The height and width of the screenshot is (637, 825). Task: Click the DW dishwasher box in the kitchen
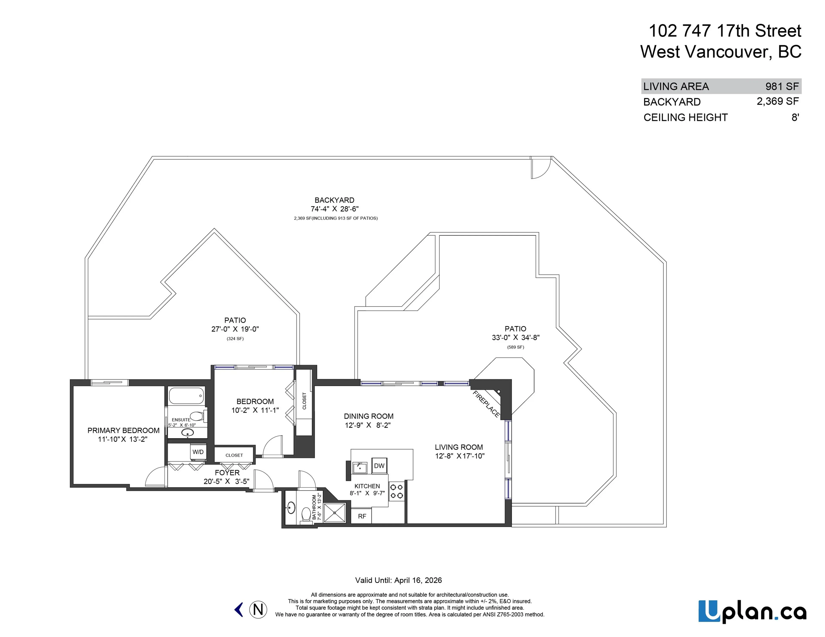coord(379,466)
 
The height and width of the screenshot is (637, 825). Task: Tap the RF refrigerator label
coord(362,516)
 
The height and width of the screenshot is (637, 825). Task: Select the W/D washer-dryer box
coord(198,452)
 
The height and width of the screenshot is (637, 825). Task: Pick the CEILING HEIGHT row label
coord(685,117)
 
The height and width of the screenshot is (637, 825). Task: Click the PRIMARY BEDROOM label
coord(123,430)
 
